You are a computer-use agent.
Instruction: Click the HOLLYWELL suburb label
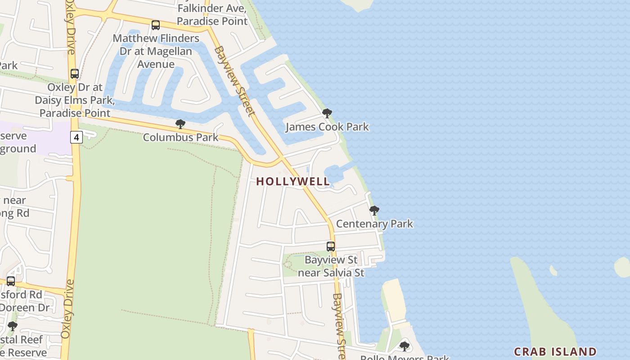pos(293,181)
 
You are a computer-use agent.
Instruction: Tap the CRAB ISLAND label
pos(555,351)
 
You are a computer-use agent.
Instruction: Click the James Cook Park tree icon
pos(327,113)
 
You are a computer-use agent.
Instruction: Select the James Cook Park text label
pos(327,127)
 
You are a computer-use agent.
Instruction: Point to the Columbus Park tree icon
pos(180,124)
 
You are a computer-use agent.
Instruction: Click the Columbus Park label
pos(180,137)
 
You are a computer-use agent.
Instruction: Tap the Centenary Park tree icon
pos(374,210)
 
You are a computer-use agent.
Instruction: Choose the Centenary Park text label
pos(374,224)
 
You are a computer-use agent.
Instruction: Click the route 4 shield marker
pos(76,137)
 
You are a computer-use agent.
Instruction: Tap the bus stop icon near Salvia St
pos(331,247)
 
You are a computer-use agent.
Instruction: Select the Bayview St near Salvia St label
pos(331,266)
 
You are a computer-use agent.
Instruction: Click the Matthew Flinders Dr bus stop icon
pos(156,25)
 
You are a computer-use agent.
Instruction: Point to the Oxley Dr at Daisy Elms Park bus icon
pos(75,74)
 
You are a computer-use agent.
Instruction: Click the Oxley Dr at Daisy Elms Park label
pos(75,100)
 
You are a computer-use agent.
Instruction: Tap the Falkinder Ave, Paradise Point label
pos(212,14)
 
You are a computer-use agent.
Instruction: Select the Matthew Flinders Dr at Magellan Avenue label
pos(156,51)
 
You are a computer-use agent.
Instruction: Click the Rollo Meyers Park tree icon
pos(405,346)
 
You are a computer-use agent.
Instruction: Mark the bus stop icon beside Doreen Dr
pos(11,281)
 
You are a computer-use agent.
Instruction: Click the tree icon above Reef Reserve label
pos(13,326)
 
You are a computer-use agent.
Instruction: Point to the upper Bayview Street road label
pos(234,81)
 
